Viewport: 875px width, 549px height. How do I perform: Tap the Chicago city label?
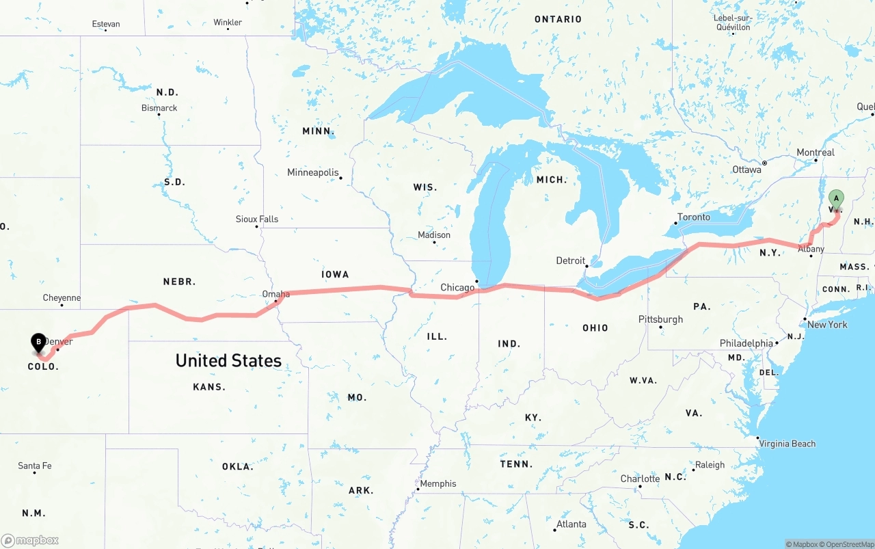tap(457, 288)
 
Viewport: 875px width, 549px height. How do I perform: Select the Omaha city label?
tap(276, 295)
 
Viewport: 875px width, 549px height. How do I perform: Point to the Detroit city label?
tap(570, 260)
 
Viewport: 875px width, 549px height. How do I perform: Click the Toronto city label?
tap(693, 217)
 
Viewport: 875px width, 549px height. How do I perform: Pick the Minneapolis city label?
tap(312, 172)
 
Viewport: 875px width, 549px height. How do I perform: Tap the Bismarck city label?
tap(159, 108)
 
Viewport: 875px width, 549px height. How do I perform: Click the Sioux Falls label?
tap(257, 219)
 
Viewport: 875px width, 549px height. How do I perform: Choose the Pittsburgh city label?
tap(660, 319)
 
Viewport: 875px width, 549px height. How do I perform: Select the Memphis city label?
tap(437, 483)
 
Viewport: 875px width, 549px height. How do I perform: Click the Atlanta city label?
tap(571, 524)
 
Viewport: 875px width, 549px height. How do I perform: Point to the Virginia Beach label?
tap(787, 444)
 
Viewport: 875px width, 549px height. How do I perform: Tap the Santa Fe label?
tap(34, 466)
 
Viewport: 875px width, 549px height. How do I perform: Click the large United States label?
tap(228, 360)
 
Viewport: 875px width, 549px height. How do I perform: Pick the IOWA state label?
tap(335, 274)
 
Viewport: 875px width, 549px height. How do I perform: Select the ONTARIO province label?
tap(558, 19)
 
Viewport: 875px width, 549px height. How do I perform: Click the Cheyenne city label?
tap(62, 298)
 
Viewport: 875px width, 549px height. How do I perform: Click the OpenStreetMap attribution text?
tap(849, 544)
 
